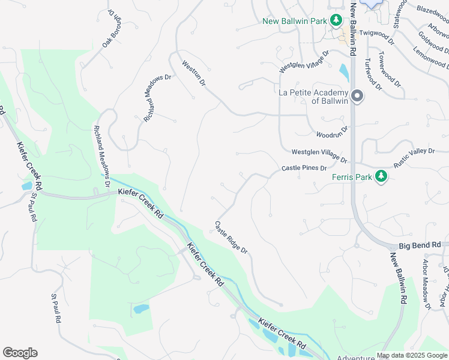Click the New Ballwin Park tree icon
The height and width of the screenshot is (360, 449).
tap(337, 21)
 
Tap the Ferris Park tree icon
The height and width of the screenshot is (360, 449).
tap(380, 176)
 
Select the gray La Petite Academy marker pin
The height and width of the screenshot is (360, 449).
tap(357, 97)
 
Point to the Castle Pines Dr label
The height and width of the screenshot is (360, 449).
tap(304, 169)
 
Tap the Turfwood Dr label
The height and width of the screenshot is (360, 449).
tap(373, 74)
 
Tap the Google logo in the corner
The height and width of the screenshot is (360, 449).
tap(20, 353)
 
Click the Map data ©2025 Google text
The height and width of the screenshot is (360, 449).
tap(411, 355)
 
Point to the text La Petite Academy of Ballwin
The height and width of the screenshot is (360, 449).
tap(314, 97)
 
